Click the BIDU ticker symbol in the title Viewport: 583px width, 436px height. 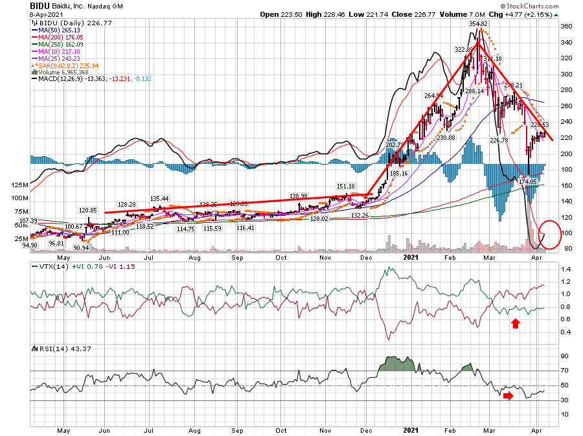coord(41,5)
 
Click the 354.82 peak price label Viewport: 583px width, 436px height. coord(479,23)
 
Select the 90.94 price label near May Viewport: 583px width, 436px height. coord(82,248)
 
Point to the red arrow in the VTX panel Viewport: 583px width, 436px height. coord(516,322)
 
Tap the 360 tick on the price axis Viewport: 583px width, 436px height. coord(566,27)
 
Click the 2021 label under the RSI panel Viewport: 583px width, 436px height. coord(411,429)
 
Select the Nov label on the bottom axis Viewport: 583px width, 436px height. coord(326,429)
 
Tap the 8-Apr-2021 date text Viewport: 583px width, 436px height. coord(47,14)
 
